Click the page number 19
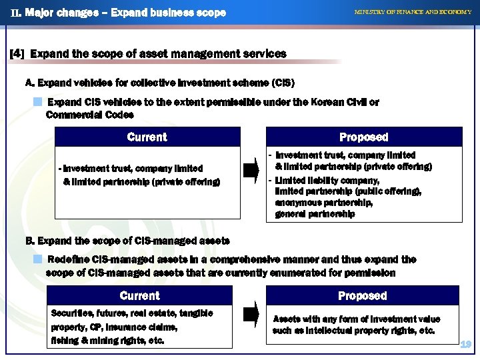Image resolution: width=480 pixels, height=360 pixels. (466, 344)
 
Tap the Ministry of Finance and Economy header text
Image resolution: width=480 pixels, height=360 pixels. (413, 12)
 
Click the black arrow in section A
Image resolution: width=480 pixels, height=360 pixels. (251, 171)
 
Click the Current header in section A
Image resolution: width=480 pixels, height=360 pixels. (147, 137)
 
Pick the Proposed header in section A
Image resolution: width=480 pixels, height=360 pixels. (363, 137)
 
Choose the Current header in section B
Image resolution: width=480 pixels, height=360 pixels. (139, 295)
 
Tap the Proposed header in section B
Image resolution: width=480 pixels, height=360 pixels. (362, 295)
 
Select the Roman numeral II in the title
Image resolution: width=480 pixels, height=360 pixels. (15, 13)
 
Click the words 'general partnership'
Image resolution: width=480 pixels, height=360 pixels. (315, 214)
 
